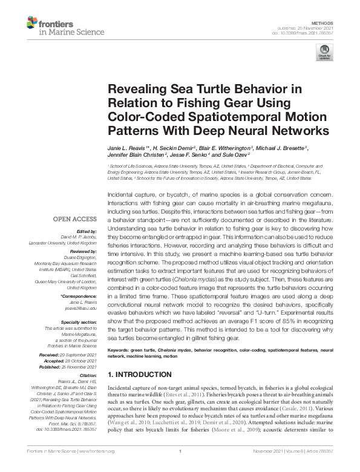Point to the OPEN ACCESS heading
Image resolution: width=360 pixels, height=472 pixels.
[x=76, y=220]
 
